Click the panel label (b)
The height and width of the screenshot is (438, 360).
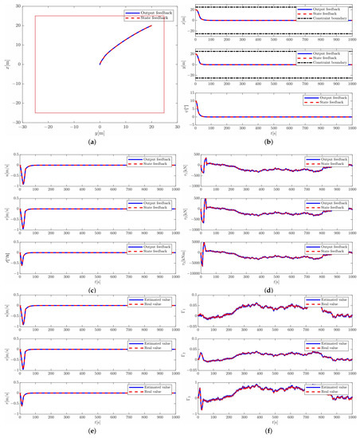click(x=272, y=142)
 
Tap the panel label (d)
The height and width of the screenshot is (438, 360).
click(x=272, y=284)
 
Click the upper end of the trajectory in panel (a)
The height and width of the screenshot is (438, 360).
click(x=151, y=25)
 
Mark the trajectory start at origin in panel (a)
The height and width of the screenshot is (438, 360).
click(x=100, y=65)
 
